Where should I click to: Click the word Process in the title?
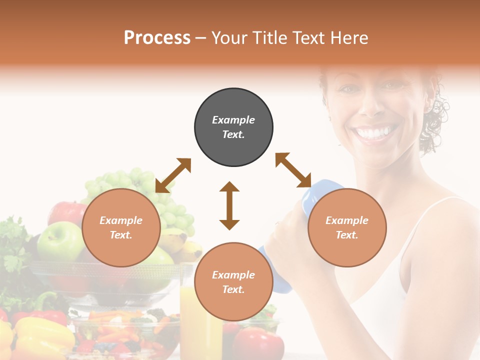tap(157, 38)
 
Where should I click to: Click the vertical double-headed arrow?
tap(229, 205)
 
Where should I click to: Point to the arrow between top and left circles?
tap(173, 175)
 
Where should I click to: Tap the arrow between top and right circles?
tap(293, 170)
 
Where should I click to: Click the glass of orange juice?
tap(200, 320)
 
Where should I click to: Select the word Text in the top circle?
tap(233, 134)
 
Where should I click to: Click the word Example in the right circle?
tap(347, 220)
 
